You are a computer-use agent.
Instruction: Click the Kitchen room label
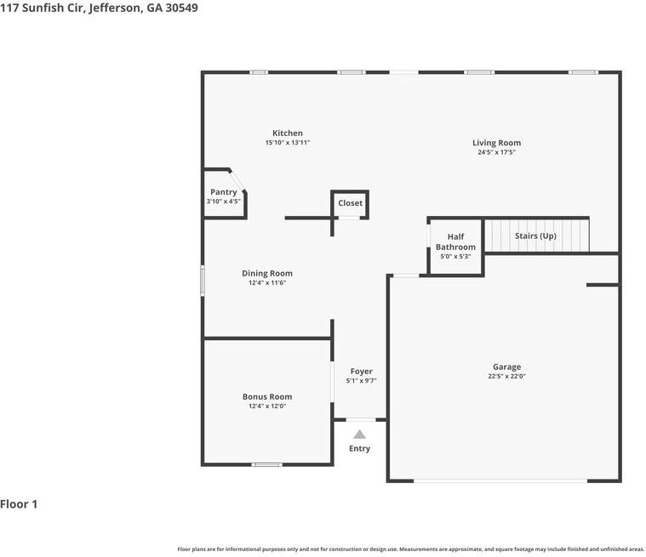click(288, 133)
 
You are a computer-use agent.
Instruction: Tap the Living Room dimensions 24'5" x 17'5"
click(496, 152)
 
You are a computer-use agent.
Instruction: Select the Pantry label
click(223, 192)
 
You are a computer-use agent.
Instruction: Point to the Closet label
click(350, 203)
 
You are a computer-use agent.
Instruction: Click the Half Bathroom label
click(455, 242)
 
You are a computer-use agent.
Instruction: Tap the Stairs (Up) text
click(535, 236)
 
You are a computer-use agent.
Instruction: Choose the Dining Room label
click(267, 273)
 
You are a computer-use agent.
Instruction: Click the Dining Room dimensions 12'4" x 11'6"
click(267, 283)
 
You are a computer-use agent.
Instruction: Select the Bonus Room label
click(267, 397)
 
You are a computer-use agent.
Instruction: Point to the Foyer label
click(362, 372)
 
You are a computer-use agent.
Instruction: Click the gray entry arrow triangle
click(360, 435)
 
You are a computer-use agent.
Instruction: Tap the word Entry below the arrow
click(359, 448)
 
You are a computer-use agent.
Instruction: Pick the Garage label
click(506, 367)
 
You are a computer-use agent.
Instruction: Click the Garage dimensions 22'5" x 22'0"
click(506, 376)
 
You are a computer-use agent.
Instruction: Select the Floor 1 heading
click(19, 504)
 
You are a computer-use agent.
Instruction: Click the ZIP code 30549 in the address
click(181, 8)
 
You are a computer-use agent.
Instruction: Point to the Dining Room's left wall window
click(203, 281)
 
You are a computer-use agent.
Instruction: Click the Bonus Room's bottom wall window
click(267, 465)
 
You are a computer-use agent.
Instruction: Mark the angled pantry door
click(237, 181)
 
